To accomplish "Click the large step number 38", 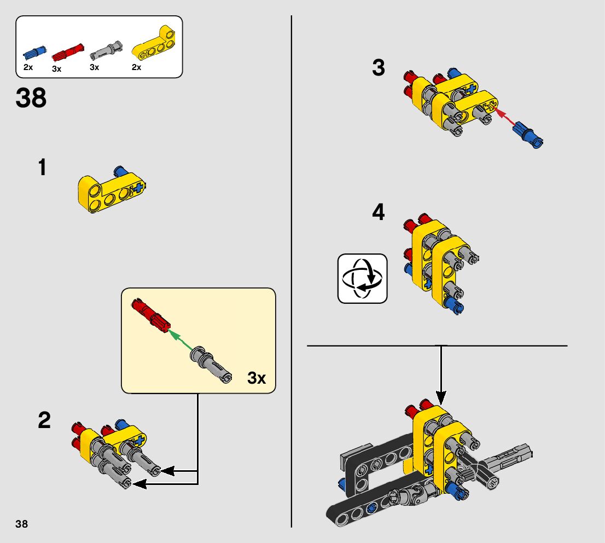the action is pos(31,98).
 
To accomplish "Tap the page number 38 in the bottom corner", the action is pos(22,524).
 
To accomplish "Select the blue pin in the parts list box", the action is pos(34,53).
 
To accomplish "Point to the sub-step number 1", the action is pos(43,167).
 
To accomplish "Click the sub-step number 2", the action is pos(44,420).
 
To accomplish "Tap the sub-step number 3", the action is pos(379,67).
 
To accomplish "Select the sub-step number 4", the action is pos(379,212).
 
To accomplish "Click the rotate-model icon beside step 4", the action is pos(362,279).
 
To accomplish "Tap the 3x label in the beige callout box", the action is pos(257,378).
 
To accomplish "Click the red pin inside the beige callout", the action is pos(150,315).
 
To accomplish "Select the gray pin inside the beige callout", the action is pos(211,364).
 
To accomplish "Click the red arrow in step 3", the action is pos(504,116).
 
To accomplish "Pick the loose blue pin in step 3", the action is pos(528,135).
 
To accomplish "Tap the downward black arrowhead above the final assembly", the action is pos(441,397).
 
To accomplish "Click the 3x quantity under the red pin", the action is pos(56,69).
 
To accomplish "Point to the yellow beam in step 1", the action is pos(111,192).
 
